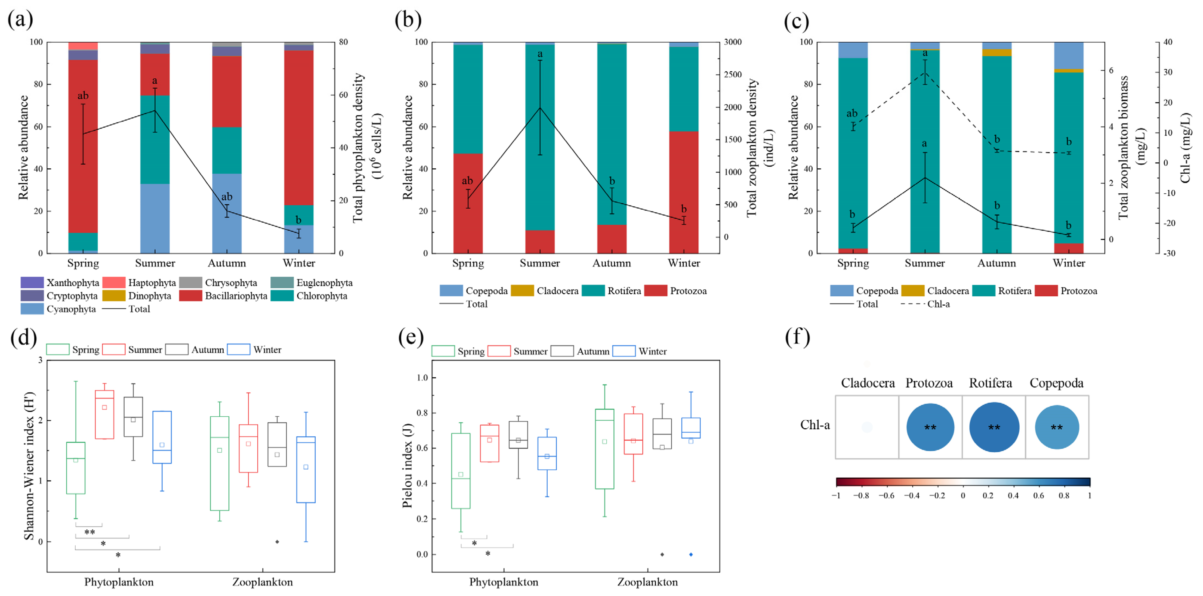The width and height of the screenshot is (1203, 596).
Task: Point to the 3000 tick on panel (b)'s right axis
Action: pyautogui.click(x=732, y=42)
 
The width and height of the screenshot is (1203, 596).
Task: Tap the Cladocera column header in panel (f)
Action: pyautogui.click(x=867, y=383)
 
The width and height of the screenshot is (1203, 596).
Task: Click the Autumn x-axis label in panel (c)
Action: pyautogui.click(x=996, y=263)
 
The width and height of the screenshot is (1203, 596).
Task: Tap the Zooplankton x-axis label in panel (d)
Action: pyautogui.click(x=263, y=582)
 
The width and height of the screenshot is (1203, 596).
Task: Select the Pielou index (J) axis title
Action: pyautogui.click(x=407, y=465)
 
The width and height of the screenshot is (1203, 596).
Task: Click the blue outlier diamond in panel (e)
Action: pyautogui.click(x=691, y=554)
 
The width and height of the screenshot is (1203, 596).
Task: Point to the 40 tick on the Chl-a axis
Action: pyautogui.click(x=1168, y=42)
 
